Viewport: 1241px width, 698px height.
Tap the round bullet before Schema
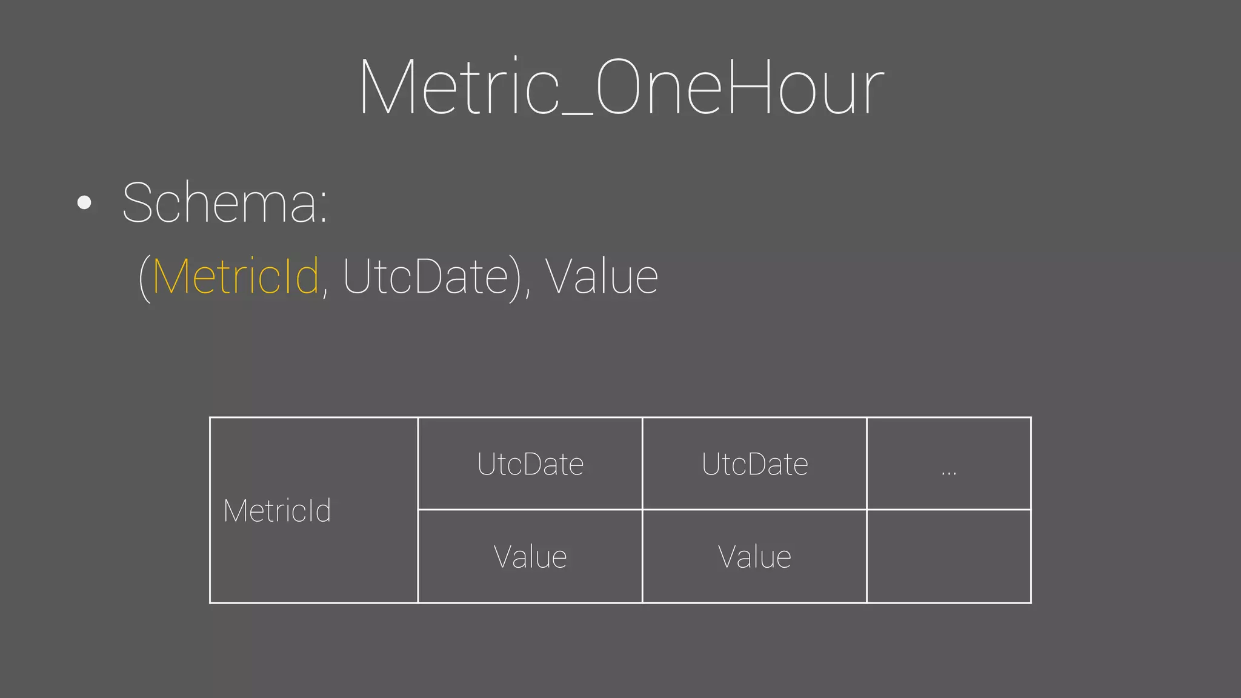click(x=85, y=202)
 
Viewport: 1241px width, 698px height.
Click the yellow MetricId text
click(x=236, y=276)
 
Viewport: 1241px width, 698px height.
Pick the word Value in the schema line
click(x=602, y=276)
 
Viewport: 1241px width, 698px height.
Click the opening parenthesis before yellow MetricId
click(x=144, y=279)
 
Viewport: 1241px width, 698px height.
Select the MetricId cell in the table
click(x=313, y=510)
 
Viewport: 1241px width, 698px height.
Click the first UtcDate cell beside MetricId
click(x=530, y=464)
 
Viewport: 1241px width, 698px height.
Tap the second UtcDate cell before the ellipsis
click(x=754, y=464)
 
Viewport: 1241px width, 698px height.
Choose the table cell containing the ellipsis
click(x=948, y=464)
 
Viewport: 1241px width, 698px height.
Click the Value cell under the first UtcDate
click(x=530, y=556)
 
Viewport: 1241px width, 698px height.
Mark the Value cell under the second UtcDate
click(x=754, y=556)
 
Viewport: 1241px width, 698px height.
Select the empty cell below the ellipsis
click(x=948, y=556)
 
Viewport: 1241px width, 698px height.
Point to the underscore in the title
click(x=577, y=113)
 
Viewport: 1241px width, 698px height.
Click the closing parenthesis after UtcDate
click(x=516, y=279)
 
